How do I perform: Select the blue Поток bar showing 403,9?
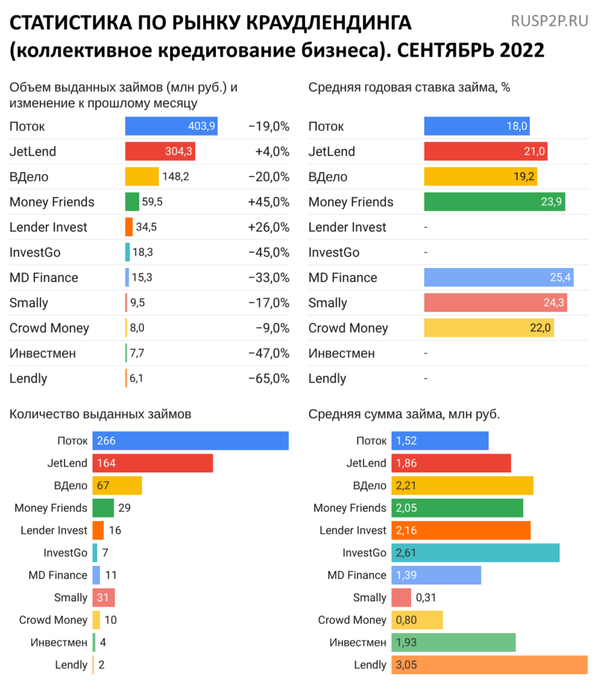(171, 126)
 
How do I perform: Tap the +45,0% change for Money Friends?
(269, 202)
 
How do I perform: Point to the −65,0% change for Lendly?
(269, 379)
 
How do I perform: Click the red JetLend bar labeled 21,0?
(485, 151)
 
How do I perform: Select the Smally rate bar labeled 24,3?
(495, 303)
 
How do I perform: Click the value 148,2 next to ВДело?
(175, 177)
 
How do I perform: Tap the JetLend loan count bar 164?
(153, 463)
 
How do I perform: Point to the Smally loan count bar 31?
(104, 597)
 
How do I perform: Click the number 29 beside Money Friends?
(124, 507)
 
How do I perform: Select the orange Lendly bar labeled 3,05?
(489, 665)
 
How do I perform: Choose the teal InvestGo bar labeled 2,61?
(475, 553)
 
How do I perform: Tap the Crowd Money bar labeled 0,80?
(417, 619)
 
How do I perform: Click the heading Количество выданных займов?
(100, 414)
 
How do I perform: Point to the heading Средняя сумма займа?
(404, 414)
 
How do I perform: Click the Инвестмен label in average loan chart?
(358, 642)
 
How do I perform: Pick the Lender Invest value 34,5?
(146, 227)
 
